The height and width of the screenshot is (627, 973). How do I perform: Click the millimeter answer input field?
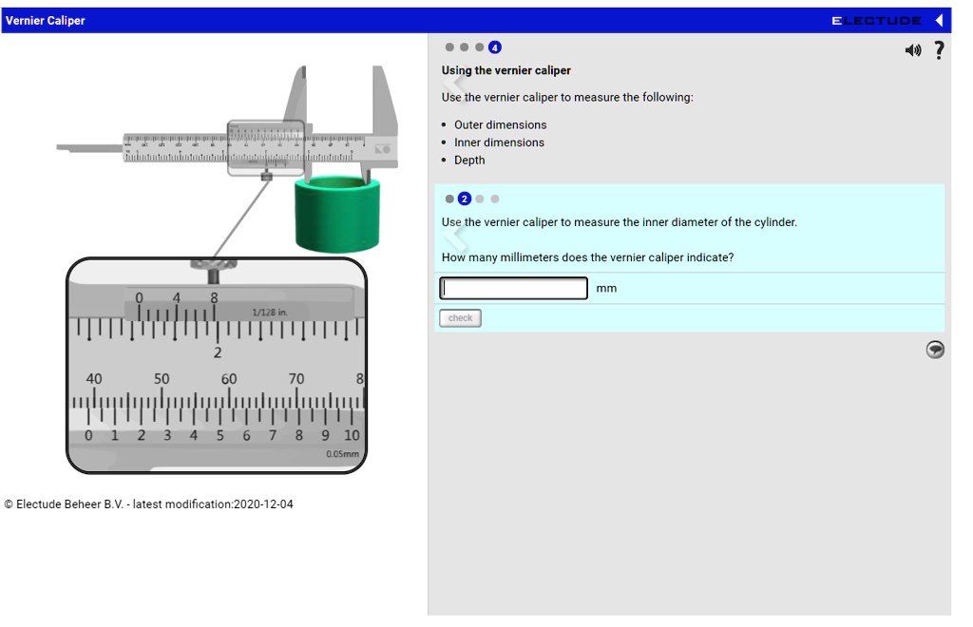click(513, 288)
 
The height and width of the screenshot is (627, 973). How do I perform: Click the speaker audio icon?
click(913, 50)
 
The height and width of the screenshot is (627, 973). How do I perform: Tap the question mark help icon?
click(939, 50)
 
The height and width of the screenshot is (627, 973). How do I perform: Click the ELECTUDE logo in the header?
click(876, 21)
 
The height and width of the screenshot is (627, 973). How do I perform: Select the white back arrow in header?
click(939, 21)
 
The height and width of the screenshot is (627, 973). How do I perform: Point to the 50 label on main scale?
click(162, 379)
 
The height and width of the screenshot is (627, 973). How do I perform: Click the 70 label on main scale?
click(296, 379)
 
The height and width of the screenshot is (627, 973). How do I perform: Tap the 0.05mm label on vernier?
click(342, 454)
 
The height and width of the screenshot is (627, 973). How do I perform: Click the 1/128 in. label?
click(269, 313)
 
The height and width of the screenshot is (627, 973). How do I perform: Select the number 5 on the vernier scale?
click(219, 436)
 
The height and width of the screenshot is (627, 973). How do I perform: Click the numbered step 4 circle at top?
click(494, 47)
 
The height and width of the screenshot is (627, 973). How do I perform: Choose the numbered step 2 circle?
click(465, 199)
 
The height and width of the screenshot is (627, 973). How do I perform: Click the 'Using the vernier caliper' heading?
click(506, 70)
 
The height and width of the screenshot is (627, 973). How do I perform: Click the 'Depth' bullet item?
click(469, 161)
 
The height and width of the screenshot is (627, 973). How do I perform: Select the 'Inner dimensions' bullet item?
click(499, 142)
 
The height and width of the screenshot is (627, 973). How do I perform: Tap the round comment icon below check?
click(935, 350)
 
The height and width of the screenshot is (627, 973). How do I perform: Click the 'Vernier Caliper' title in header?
click(46, 21)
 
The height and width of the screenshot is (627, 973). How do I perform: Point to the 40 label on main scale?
click(94, 379)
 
